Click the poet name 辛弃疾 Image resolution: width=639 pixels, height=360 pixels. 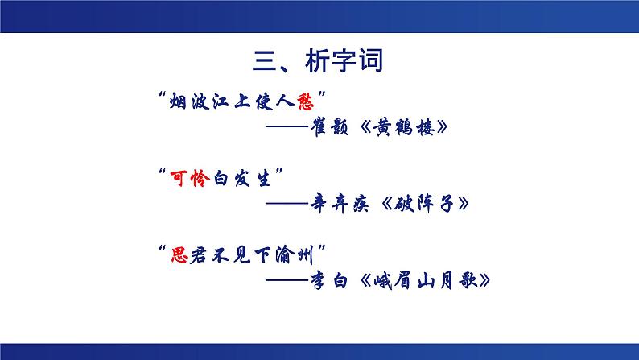[x=344, y=204]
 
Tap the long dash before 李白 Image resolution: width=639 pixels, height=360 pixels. [x=282, y=280]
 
